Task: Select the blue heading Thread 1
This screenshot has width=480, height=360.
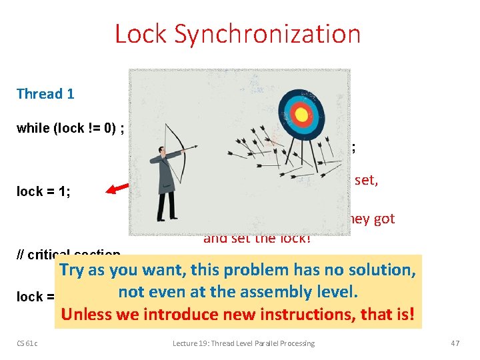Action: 45,94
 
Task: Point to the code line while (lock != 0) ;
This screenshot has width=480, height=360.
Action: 69,129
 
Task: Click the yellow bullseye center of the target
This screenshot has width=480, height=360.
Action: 301,115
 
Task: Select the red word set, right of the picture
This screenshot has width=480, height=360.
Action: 366,179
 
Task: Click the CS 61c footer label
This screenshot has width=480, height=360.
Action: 27,343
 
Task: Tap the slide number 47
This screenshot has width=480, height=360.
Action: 455,343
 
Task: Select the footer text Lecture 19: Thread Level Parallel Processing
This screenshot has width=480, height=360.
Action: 244,343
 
